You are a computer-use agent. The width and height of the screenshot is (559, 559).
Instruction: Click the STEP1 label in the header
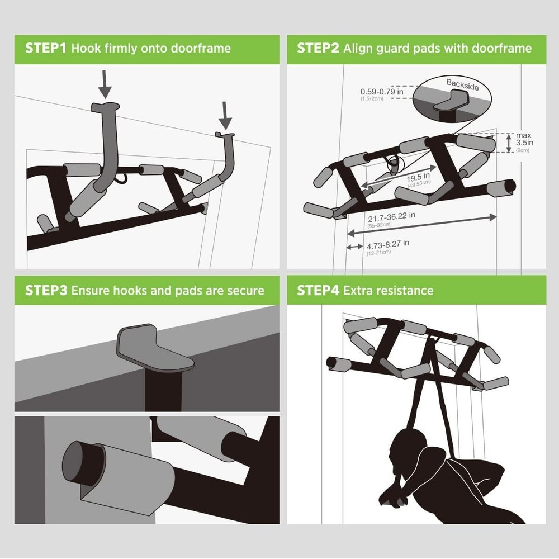46,48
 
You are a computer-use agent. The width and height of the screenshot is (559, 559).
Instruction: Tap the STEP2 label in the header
318,48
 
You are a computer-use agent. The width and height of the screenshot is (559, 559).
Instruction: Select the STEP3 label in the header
46,291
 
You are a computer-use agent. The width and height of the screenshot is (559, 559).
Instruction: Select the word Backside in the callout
462,83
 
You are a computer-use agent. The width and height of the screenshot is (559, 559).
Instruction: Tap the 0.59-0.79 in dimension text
382,92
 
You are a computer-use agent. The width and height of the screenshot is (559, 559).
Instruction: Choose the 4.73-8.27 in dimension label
388,244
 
